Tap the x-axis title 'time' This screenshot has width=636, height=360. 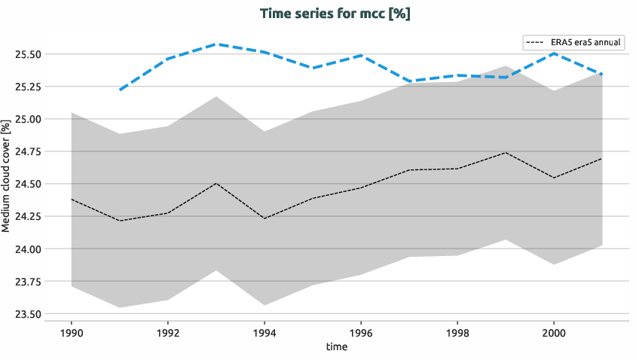(336, 346)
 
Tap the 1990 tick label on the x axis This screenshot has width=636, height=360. (71, 331)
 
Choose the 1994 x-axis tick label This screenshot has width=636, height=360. (264, 331)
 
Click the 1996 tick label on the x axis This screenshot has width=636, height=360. (361, 331)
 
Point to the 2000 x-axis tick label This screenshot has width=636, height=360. (554, 331)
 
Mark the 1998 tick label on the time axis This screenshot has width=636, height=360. (457, 331)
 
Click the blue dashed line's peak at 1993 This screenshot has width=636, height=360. (216, 44)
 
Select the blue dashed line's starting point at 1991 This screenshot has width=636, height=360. (120, 90)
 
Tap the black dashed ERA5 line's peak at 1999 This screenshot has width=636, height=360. (506, 153)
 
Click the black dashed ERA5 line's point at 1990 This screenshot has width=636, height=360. (72, 200)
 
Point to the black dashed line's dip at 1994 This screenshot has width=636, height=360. (264, 218)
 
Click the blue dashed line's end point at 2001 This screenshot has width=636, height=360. (602, 74)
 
